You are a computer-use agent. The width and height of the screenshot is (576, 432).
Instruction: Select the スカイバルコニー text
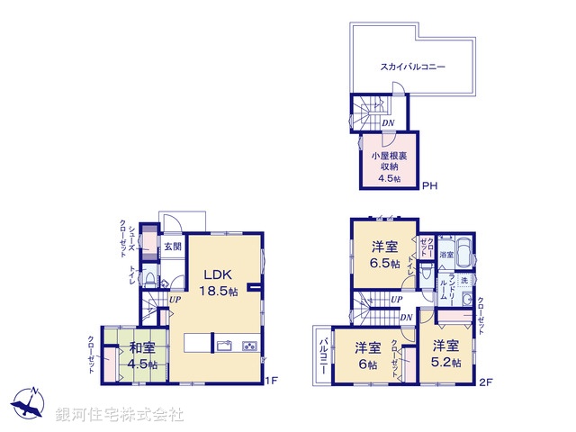pyautogui.click(x=413, y=67)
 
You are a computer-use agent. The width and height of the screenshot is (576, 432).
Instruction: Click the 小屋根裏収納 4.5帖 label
pyautogui.click(x=390, y=166)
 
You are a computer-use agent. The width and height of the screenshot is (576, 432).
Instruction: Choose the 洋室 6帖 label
pyautogui.click(x=365, y=355)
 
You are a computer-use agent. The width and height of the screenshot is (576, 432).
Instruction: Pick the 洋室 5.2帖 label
pyautogui.click(x=445, y=353)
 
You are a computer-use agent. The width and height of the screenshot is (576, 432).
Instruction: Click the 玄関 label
pyautogui.click(x=172, y=246)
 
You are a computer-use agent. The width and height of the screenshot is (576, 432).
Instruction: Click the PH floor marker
pyautogui.click(x=429, y=187)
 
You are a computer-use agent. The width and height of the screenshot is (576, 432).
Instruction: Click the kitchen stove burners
pyautogui.click(x=249, y=346)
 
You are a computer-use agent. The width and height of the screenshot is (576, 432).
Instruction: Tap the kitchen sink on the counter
pyautogui.click(x=224, y=345)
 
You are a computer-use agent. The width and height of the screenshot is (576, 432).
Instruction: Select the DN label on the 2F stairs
pyautogui.click(x=406, y=316)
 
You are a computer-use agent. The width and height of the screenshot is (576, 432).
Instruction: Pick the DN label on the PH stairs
pyautogui.click(x=388, y=123)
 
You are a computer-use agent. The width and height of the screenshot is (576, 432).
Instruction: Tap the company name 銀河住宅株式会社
pyautogui.click(x=120, y=415)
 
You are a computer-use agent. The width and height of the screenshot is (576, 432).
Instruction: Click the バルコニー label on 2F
pyautogui.click(x=322, y=358)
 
